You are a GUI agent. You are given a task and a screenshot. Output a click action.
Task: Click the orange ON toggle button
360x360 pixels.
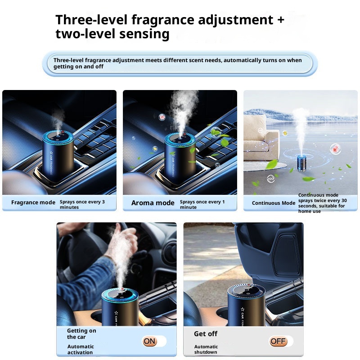150,341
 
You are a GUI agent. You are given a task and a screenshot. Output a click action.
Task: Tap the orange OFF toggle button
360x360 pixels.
278,341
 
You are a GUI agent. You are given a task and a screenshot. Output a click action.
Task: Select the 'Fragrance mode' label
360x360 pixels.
33,202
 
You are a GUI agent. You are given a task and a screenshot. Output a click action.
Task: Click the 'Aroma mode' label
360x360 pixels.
153,203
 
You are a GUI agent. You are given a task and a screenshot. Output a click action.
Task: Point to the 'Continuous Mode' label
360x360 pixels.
274,203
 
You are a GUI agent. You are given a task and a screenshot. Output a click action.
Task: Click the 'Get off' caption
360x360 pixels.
206,333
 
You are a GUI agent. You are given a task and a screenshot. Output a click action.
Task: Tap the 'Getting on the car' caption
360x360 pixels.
81,333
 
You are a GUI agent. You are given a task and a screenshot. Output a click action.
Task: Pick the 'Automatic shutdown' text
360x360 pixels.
206,349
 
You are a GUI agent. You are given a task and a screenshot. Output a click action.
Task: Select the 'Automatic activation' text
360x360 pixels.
81,349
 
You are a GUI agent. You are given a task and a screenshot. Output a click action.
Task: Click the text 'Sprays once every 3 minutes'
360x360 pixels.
82,204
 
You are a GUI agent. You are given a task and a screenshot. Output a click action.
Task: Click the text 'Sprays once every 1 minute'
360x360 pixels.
202,204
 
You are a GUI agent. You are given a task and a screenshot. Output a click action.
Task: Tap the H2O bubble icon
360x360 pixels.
271,178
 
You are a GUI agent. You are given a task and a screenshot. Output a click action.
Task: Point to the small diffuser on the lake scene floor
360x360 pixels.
301,163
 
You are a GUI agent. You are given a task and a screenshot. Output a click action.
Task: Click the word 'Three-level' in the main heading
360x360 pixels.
91,19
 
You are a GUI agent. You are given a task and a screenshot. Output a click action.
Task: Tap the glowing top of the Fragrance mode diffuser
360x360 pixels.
58,137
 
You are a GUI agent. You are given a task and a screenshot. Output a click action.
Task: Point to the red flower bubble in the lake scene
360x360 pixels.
335,149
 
